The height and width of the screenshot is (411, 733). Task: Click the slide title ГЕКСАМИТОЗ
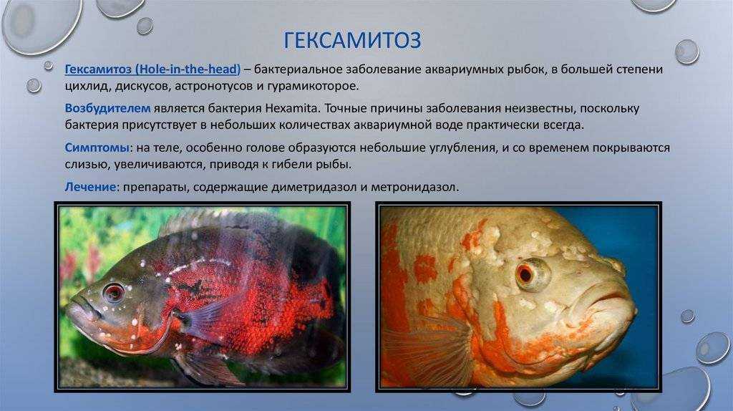coord(352,40)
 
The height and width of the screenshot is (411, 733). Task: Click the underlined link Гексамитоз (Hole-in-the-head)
coord(153,69)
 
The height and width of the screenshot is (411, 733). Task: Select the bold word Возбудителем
coord(107,108)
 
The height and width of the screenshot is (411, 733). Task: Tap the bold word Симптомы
coord(97,148)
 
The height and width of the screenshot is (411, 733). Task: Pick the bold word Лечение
coord(90,187)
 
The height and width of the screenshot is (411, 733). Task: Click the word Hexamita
coord(292,108)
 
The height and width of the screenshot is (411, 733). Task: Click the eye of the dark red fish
coord(114,293)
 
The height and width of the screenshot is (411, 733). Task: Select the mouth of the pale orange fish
coord(602,299)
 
